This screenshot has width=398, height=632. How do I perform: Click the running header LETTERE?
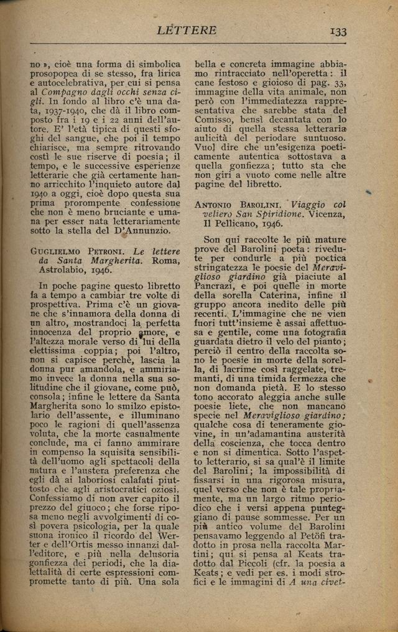tap(187, 30)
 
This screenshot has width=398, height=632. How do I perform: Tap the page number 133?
tap(338, 31)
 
